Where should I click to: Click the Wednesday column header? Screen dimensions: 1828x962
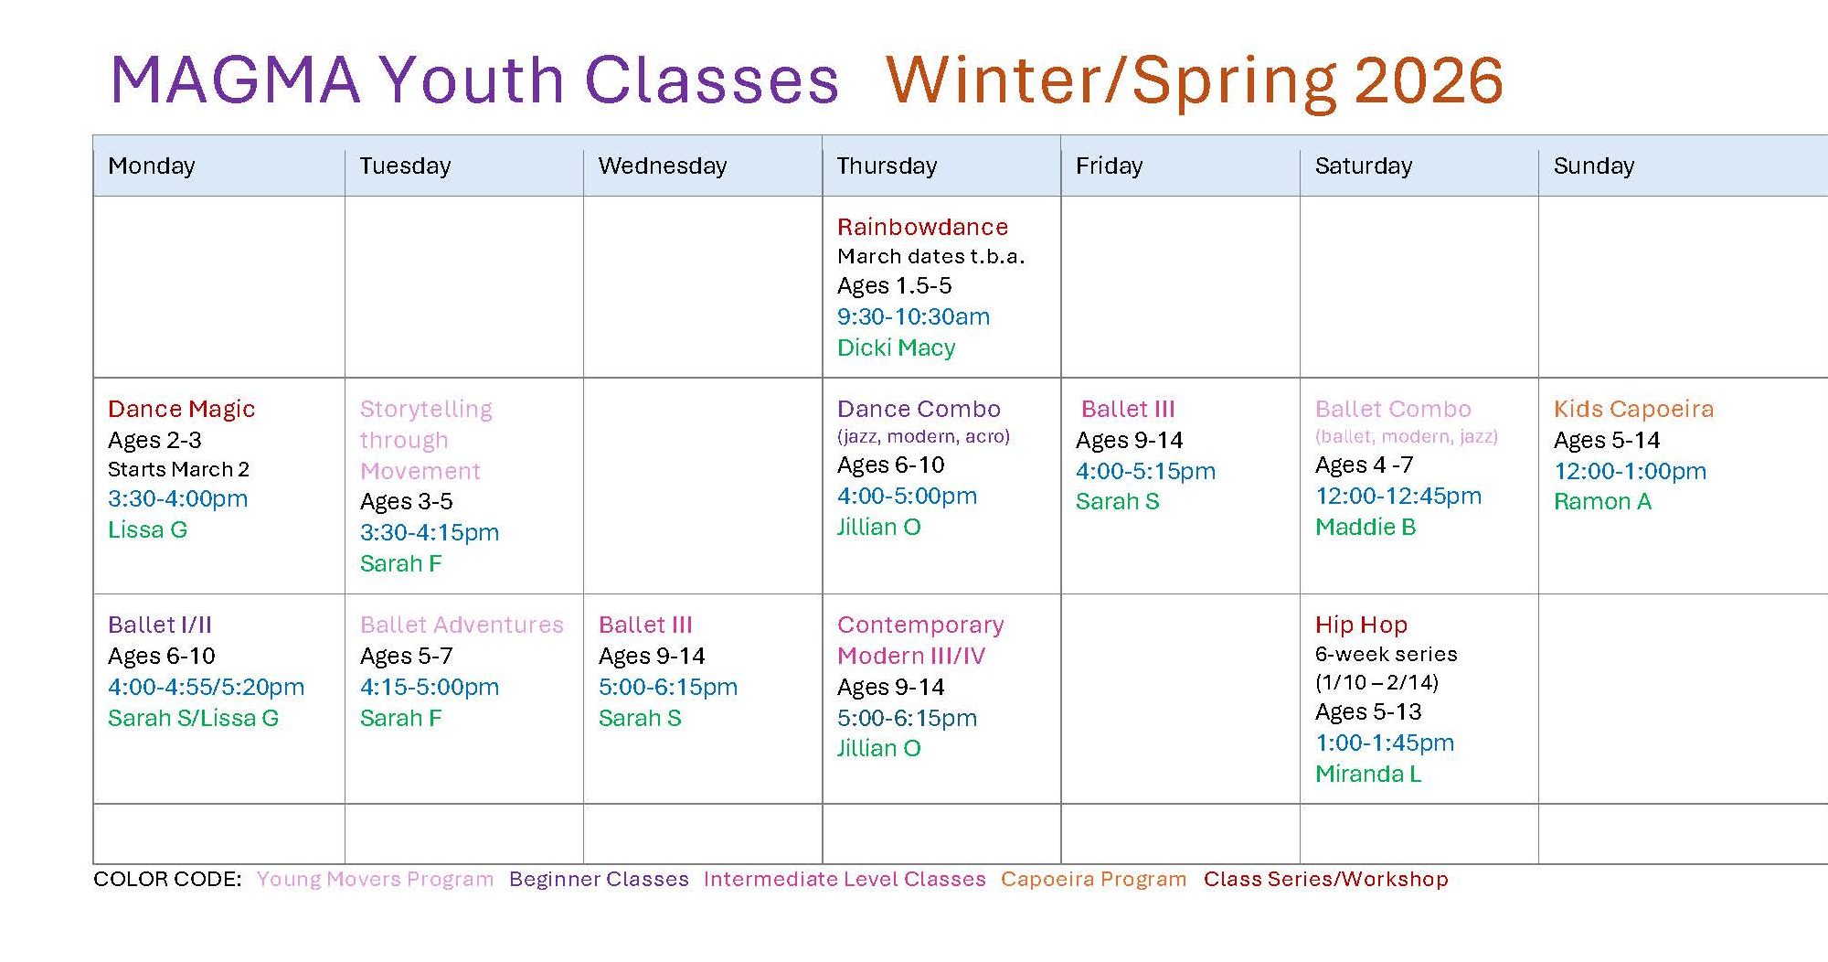point(662,166)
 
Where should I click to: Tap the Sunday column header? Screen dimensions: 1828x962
point(1593,166)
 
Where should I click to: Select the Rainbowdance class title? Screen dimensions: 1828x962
point(922,227)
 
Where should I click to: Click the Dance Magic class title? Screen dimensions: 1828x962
point(181,409)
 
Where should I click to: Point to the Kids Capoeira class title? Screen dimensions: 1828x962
point(1633,409)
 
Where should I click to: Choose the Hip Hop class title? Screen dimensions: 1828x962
point(1361,625)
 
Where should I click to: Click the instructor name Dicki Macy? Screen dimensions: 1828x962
point(896,347)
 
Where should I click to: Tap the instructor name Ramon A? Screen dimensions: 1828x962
point(1602,501)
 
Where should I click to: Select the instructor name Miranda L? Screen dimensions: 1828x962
point(1368,774)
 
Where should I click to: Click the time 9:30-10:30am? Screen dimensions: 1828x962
point(913,316)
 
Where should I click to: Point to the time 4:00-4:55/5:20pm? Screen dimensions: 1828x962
point(206,687)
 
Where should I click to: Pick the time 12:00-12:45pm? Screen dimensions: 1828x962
point(1398,496)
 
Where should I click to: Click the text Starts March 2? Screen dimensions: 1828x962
point(178,469)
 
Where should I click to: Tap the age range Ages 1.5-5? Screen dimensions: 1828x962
point(894,286)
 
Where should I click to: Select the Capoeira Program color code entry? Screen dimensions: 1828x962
point(1093,879)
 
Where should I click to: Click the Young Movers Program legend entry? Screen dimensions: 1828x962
point(375,879)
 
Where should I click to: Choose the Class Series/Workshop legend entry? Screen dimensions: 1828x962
point(1325,879)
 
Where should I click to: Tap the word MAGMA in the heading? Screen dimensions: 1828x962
point(235,80)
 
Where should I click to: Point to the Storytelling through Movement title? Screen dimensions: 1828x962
point(426,440)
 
